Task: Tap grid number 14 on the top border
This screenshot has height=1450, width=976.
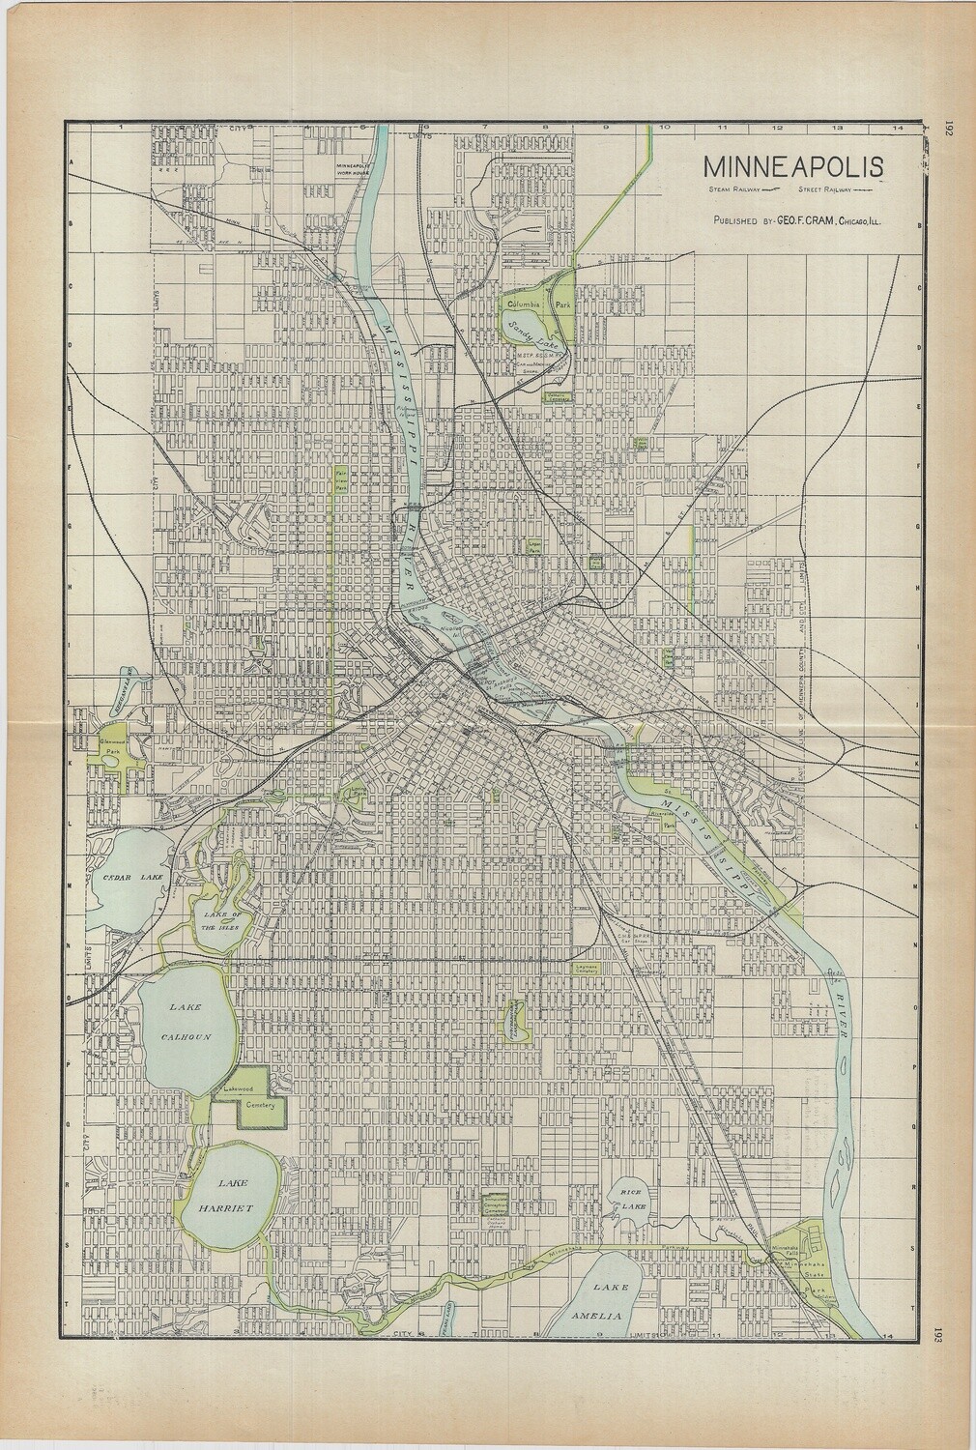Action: [897, 127]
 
